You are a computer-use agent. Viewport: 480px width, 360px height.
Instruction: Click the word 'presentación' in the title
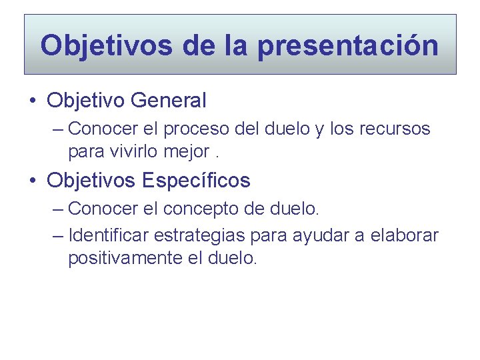coord(347,46)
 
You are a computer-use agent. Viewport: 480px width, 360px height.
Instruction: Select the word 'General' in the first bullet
coord(169,101)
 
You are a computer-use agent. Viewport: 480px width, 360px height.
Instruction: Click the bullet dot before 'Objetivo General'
coord(33,101)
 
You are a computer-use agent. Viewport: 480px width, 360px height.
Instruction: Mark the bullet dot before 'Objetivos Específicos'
coord(33,181)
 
